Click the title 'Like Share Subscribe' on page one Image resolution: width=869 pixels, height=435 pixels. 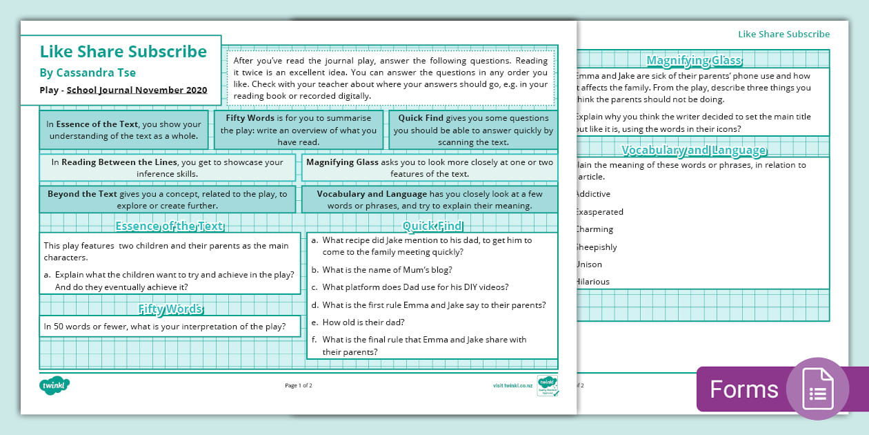tap(123, 52)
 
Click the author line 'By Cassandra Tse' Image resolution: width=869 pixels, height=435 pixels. tap(88, 72)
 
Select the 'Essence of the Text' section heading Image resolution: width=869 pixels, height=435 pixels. tap(169, 226)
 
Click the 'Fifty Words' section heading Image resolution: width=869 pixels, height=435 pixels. tap(170, 309)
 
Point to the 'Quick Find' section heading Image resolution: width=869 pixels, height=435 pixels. tap(432, 226)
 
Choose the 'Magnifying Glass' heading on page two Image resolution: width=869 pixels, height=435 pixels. tap(694, 60)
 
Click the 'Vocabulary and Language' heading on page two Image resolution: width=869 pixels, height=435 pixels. tap(694, 150)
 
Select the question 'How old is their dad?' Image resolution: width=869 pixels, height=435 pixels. tap(363, 322)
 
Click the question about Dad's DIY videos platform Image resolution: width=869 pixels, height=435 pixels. tap(415, 287)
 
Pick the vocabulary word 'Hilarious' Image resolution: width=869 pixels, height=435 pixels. tap(592, 282)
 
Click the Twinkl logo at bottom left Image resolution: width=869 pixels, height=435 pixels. tap(55, 385)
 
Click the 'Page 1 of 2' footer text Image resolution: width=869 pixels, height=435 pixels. tap(299, 385)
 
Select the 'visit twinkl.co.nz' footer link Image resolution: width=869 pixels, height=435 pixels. tap(512, 385)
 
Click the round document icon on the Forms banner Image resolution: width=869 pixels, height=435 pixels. tap(817, 389)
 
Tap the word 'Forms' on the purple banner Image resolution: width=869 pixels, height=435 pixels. tap(743, 389)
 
